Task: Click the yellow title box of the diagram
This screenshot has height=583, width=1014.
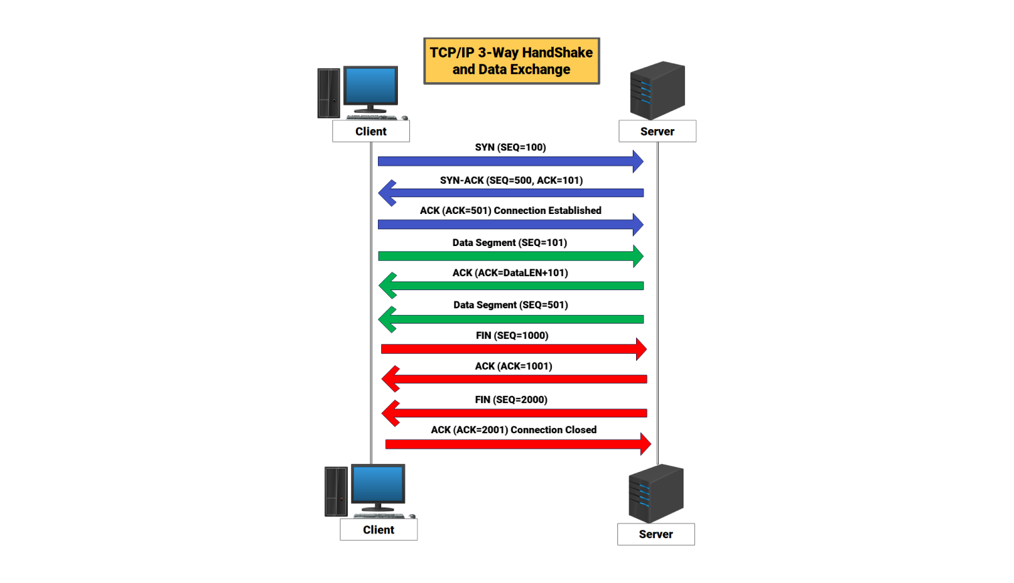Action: (x=512, y=61)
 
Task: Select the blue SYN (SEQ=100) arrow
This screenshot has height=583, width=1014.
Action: (x=508, y=161)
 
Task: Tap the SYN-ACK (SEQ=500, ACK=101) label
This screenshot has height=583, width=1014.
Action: (x=511, y=181)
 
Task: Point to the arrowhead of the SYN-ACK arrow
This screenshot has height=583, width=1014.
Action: (x=387, y=193)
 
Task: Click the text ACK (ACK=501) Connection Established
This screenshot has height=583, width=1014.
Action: (x=510, y=211)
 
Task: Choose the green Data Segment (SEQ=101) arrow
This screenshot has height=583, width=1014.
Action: (x=508, y=256)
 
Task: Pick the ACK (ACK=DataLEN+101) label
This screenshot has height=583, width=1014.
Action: (x=510, y=273)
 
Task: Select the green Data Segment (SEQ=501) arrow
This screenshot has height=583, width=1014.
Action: (x=512, y=320)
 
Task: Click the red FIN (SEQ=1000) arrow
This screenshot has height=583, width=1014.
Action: (x=512, y=349)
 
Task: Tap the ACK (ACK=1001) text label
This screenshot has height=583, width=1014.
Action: (x=513, y=366)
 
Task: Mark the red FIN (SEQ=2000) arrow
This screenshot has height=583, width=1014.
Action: (x=515, y=413)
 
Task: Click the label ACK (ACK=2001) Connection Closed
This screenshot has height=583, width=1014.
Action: (x=513, y=430)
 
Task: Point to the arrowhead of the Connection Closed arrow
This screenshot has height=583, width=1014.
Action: (x=645, y=444)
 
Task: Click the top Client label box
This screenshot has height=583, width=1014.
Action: (x=371, y=132)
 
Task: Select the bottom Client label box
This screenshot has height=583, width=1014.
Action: (x=379, y=530)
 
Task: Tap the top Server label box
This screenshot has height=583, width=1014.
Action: (x=657, y=132)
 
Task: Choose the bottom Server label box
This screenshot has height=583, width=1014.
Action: (x=655, y=534)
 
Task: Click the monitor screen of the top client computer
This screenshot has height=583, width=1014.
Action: (x=371, y=86)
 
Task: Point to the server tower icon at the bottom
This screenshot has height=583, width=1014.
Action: (x=655, y=493)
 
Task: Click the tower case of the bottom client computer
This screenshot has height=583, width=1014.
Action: (x=336, y=491)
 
